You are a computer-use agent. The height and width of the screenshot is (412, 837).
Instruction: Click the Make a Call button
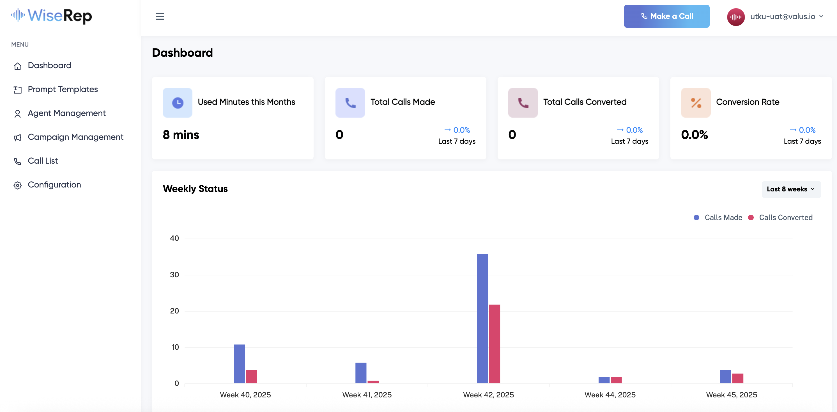(x=666, y=16)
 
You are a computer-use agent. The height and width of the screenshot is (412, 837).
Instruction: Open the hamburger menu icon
(x=160, y=16)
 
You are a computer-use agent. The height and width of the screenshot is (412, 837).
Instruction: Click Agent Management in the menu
(x=66, y=113)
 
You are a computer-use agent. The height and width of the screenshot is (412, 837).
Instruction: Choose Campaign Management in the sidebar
(x=75, y=137)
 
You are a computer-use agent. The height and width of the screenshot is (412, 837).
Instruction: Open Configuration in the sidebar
(x=54, y=185)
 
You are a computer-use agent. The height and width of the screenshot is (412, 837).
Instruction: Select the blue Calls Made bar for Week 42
(x=482, y=318)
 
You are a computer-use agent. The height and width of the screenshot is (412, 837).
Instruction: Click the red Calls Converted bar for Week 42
(x=494, y=344)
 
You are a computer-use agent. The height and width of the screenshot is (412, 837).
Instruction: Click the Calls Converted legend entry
(x=785, y=218)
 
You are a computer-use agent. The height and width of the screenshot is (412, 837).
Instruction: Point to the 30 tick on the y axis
(x=174, y=275)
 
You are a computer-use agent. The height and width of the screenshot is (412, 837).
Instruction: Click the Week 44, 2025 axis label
(x=610, y=395)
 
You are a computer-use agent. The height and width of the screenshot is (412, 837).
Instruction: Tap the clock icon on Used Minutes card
(x=177, y=103)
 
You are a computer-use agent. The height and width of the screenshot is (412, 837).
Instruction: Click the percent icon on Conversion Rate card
(x=696, y=103)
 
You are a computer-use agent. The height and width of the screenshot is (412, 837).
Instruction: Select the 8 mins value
(x=181, y=135)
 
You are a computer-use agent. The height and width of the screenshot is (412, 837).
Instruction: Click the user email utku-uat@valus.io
(x=782, y=17)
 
